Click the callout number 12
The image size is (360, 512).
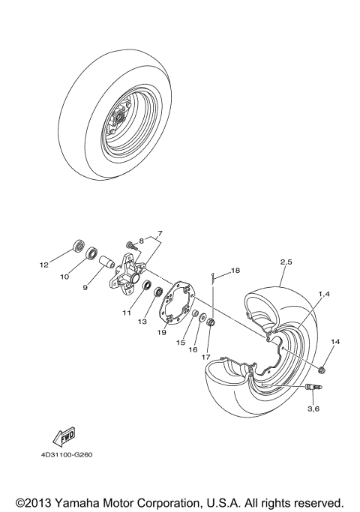(x=43, y=265)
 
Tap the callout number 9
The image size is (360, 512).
(x=85, y=286)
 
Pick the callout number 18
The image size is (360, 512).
(x=235, y=270)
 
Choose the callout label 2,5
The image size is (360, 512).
(x=286, y=262)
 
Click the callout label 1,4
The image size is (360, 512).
(x=323, y=295)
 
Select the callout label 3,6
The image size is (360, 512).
(x=312, y=409)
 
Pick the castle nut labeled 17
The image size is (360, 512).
(x=210, y=326)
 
